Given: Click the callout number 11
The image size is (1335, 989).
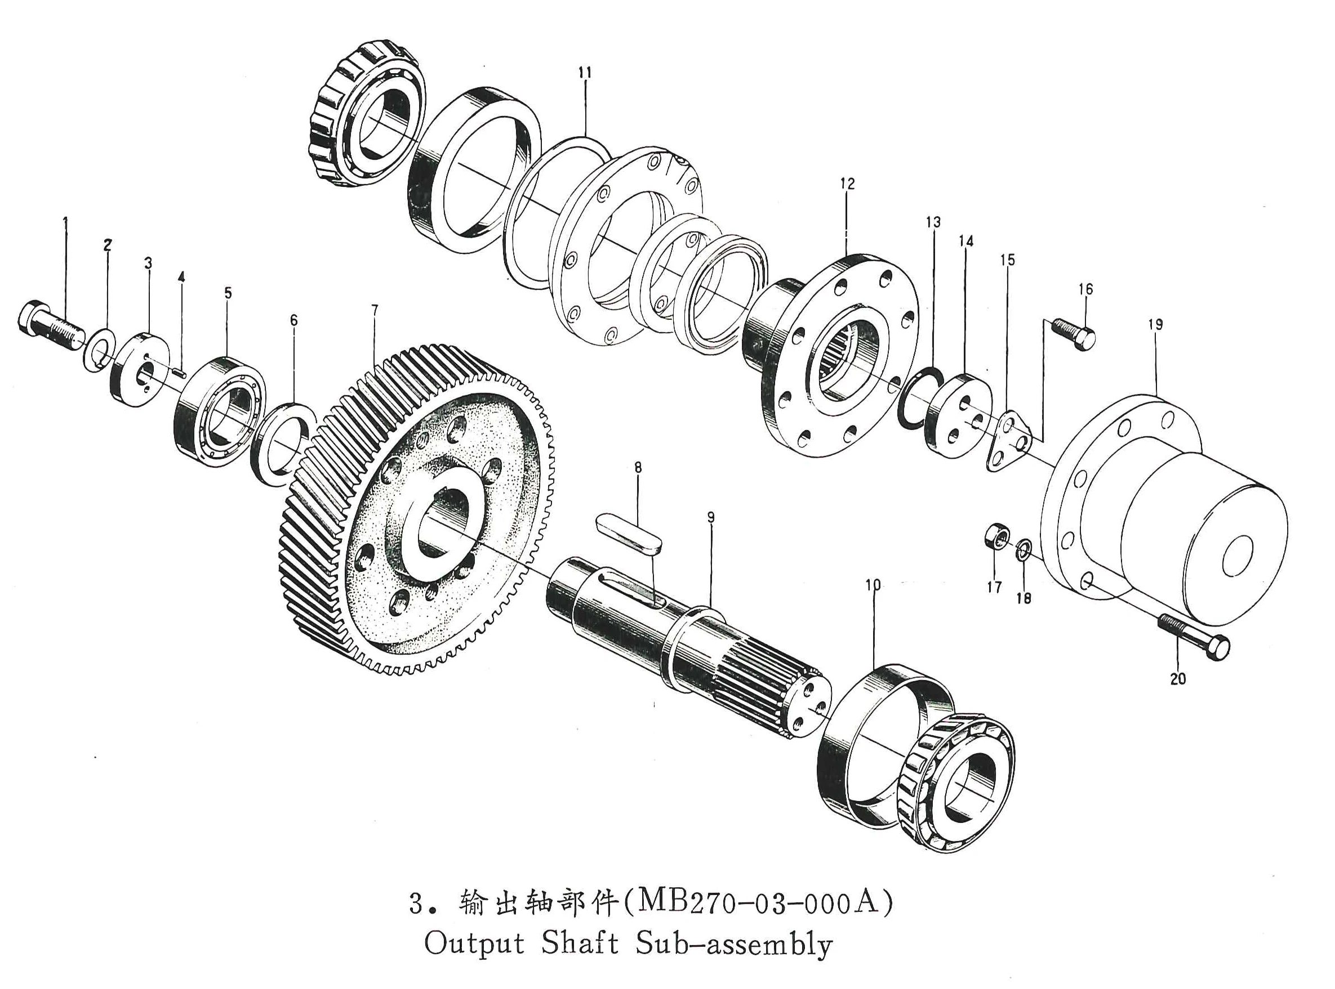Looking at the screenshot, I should (585, 73).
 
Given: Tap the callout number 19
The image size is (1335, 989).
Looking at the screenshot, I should (1155, 324).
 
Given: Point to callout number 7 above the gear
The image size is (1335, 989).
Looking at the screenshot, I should (375, 310).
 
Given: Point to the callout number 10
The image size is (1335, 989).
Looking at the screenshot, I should (873, 584).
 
